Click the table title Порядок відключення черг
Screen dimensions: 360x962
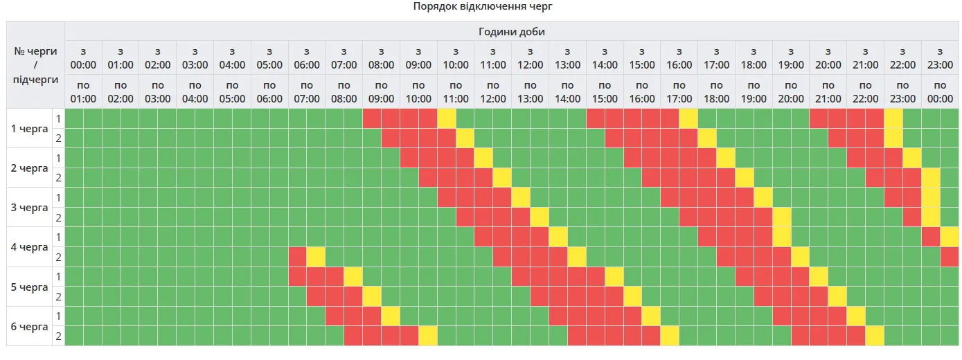click(x=483, y=6)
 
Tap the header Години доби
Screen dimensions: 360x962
click(x=513, y=31)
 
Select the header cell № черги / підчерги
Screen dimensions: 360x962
click(x=35, y=64)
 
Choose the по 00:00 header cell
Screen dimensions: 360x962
click(x=940, y=91)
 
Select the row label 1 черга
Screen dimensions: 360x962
click(x=30, y=128)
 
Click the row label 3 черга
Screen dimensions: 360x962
click(x=30, y=208)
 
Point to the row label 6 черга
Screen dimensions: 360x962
click(x=30, y=326)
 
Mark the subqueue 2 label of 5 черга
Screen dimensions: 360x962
click(x=59, y=297)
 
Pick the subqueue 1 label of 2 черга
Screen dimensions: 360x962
click(x=59, y=158)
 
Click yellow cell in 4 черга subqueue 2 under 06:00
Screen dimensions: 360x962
click(x=316, y=257)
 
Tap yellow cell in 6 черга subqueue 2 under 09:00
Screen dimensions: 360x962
click(x=427, y=336)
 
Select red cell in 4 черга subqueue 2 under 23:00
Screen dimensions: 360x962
click(x=949, y=257)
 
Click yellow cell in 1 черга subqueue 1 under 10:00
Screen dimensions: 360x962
click(x=446, y=118)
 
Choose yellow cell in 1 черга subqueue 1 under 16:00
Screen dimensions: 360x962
click(x=688, y=118)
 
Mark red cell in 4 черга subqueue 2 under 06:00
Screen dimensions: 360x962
click(x=297, y=257)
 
